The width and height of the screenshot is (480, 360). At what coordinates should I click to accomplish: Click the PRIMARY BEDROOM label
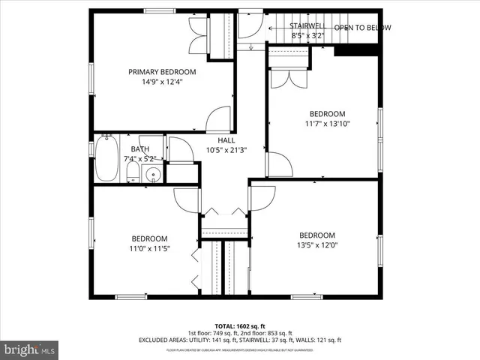pyautogui.click(x=162, y=72)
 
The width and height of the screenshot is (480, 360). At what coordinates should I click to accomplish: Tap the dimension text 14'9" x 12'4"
pyautogui.click(x=162, y=82)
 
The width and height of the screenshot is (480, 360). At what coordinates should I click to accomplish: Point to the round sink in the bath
pyautogui.click(x=153, y=175)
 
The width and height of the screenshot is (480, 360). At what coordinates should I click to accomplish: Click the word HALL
pyautogui.click(x=226, y=140)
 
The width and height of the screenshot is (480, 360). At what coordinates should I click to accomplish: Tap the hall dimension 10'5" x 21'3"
pyautogui.click(x=226, y=150)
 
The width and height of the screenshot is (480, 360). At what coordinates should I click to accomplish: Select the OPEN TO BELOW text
pyautogui.click(x=362, y=28)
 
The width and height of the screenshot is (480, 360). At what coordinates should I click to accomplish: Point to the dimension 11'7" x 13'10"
pyautogui.click(x=327, y=124)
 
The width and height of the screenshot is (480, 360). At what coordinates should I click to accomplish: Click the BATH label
pyautogui.click(x=139, y=149)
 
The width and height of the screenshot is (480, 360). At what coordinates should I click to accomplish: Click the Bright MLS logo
pyautogui.click(x=30, y=349)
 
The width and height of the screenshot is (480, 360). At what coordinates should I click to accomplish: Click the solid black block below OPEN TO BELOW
pyautogui.click(x=353, y=49)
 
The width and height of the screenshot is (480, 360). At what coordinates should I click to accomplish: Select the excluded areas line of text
pyautogui.click(x=240, y=340)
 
